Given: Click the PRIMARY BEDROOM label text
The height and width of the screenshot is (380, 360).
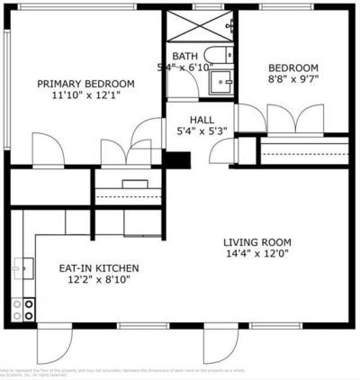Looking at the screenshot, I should point(85,84).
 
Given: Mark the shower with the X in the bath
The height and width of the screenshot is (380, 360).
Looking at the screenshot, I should point(199,24).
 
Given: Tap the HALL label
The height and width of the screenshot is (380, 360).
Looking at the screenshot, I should point(201,119).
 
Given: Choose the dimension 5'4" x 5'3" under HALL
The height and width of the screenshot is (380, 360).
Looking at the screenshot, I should point(201,131).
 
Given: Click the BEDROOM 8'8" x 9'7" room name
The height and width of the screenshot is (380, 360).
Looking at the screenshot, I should point(294,68).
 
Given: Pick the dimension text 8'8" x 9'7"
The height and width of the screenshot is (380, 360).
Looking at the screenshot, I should point(294,80).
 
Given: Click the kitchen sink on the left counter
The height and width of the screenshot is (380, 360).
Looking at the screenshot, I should point(21,267).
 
